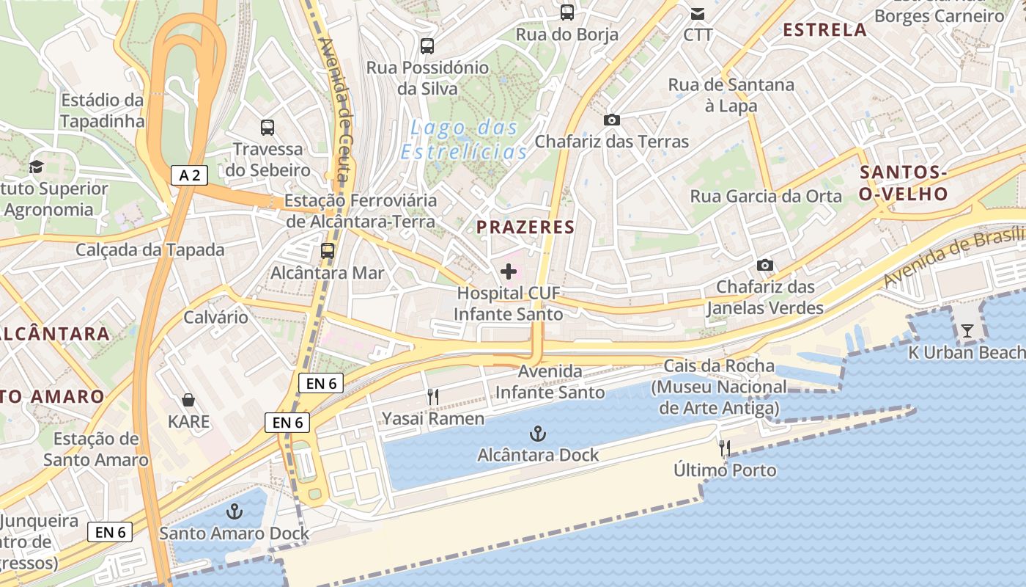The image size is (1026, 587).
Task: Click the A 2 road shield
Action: click(x=190, y=175)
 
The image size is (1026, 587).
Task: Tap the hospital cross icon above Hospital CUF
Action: click(x=508, y=272)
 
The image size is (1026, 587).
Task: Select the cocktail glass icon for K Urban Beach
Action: click(x=967, y=331)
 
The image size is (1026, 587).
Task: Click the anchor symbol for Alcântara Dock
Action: click(x=538, y=434)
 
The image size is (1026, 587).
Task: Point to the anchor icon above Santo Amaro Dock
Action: click(x=235, y=511)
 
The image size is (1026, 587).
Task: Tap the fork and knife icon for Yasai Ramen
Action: click(x=433, y=397)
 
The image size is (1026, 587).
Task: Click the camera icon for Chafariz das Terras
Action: click(x=612, y=120)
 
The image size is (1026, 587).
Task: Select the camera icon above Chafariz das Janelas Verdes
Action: click(x=765, y=265)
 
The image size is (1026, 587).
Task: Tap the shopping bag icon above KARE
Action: click(x=188, y=400)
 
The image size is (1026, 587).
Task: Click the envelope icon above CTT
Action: click(x=698, y=13)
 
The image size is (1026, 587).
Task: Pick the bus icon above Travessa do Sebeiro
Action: click(x=267, y=128)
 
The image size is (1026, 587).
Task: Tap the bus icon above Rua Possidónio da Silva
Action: click(x=427, y=46)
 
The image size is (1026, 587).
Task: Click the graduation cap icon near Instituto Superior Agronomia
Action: click(x=37, y=167)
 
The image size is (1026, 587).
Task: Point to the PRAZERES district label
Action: click(x=525, y=227)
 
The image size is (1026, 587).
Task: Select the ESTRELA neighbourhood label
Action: click(x=824, y=30)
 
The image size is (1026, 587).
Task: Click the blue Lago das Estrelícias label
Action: click(x=464, y=139)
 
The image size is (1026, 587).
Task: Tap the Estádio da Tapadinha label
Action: click(x=103, y=110)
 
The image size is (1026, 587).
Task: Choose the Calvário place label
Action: click(x=215, y=318)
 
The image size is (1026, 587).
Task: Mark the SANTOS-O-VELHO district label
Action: click(x=904, y=183)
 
